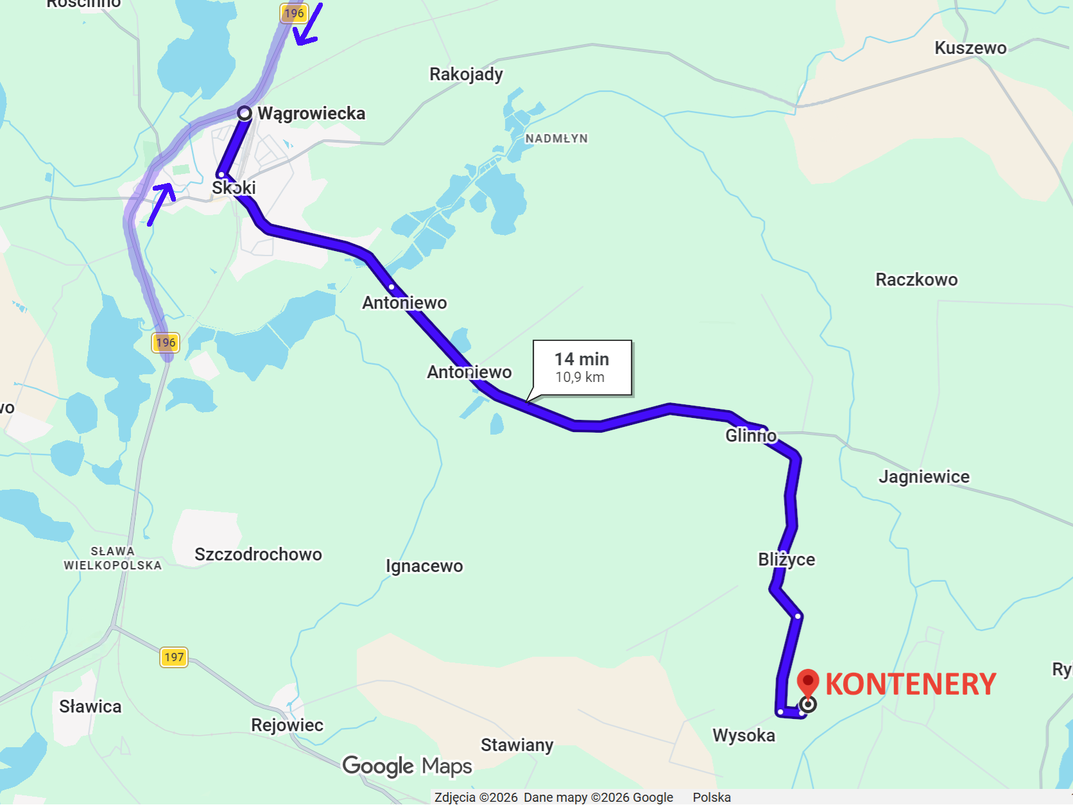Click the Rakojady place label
466,74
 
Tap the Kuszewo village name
970,48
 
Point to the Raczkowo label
916,280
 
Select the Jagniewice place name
924,477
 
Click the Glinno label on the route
751,436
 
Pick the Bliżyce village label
786,560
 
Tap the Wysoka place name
744,736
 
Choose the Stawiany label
517,745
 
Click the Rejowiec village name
287,725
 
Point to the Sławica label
90,707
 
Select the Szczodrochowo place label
258,555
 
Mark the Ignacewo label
424,566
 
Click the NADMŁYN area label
556,139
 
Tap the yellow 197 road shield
173,657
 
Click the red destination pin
808,682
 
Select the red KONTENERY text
911,684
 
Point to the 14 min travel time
581,359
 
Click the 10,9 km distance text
579,377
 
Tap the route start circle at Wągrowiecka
245,114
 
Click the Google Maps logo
407,766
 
